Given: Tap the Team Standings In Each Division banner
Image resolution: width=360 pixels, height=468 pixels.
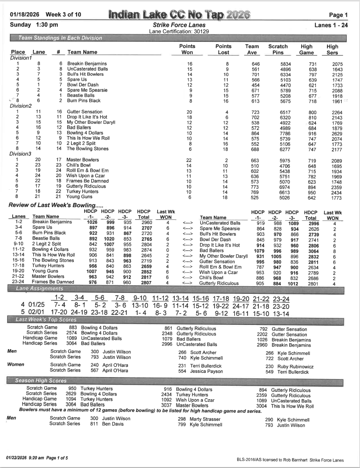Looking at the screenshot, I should point(60,38).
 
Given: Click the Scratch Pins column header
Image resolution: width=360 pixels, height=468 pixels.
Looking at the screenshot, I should point(278,49).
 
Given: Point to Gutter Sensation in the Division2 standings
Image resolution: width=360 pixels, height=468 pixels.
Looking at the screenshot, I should point(84,112).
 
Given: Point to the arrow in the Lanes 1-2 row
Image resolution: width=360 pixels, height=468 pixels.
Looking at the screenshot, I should point(187,223).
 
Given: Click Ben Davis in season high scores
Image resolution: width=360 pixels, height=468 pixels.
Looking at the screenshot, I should point(113,424).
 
